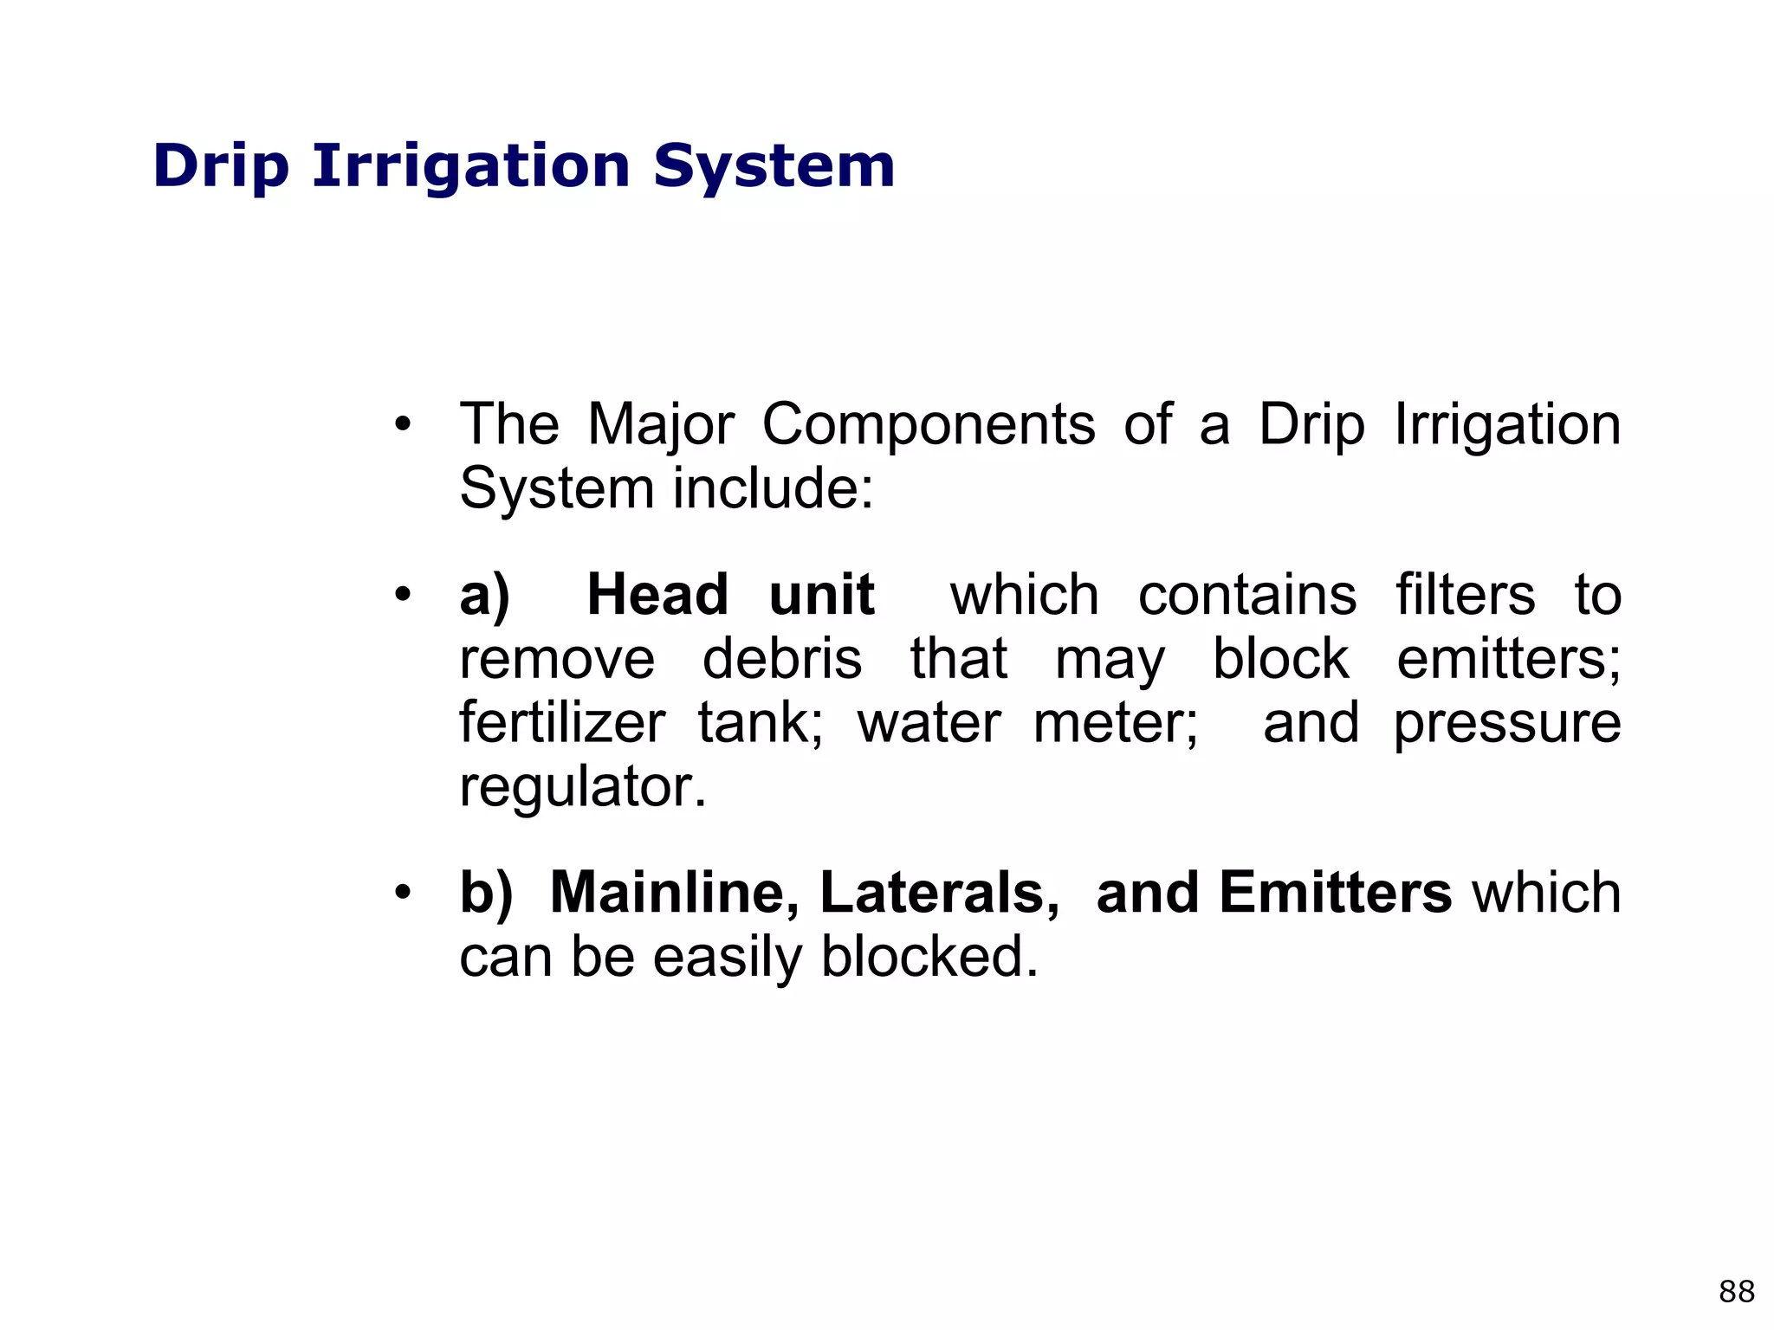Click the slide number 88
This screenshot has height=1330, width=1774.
tap(1736, 1292)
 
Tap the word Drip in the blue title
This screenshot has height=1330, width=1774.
tap(220, 167)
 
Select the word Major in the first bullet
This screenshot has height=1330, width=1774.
tap(660, 426)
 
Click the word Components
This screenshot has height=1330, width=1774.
tap(929, 426)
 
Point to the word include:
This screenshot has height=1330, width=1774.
tap(773, 489)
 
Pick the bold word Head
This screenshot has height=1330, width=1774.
tap(657, 596)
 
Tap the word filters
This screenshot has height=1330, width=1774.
tap(1465, 596)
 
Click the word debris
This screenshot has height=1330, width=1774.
tap(781, 660)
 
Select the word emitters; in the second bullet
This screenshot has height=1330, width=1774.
tap(1508, 660)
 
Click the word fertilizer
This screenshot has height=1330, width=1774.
tap(562, 723)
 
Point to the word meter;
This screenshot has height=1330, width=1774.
tap(1116, 723)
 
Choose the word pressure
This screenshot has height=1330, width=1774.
tap(1506, 725)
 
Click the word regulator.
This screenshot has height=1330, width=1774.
tap(582, 787)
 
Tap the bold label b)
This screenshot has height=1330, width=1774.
tap(486, 893)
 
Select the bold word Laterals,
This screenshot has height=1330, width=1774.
tap(939, 893)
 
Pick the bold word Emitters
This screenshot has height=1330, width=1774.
tap(1335, 893)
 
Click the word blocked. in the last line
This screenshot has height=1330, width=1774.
tap(929, 957)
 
